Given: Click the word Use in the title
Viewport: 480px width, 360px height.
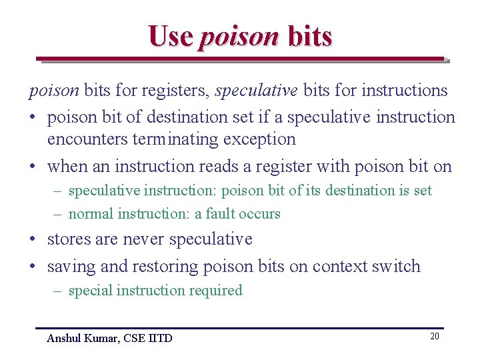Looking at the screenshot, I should (x=171, y=36).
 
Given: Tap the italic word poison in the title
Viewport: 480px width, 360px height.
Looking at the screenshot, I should (x=238, y=37).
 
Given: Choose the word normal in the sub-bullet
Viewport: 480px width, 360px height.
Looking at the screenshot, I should (x=91, y=214).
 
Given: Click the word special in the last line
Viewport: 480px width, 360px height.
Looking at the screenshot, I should (x=91, y=291).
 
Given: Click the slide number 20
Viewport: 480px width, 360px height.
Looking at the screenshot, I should (x=434, y=336).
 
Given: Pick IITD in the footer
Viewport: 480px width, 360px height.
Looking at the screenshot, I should (x=160, y=338).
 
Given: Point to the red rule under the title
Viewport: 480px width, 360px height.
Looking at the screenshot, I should (x=240, y=59).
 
